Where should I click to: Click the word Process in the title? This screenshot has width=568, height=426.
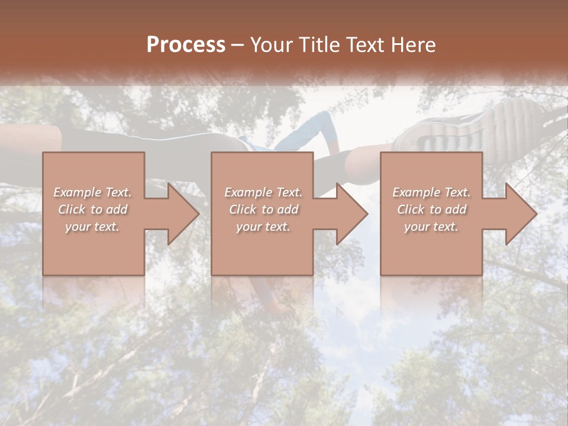[x=186, y=45]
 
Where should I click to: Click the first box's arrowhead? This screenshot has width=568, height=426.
[x=180, y=214]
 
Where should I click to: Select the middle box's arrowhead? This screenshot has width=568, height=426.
[x=349, y=214]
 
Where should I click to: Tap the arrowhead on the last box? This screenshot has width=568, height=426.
[x=518, y=214]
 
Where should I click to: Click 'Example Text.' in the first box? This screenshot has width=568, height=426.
[x=93, y=192]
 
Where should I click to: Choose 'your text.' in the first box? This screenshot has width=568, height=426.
[x=93, y=227]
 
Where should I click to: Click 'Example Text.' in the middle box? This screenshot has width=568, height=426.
[x=263, y=192]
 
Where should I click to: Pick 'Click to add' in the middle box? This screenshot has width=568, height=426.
[x=263, y=209]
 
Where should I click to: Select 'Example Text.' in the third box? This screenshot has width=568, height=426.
[x=431, y=192]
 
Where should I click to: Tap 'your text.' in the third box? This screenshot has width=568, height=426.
[x=431, y=227]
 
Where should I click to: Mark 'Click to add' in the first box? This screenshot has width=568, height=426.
[x=93, y=209]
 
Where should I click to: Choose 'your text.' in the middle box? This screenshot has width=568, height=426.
[x=263, y=227]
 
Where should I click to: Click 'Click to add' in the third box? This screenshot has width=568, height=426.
[x=431, y=209]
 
